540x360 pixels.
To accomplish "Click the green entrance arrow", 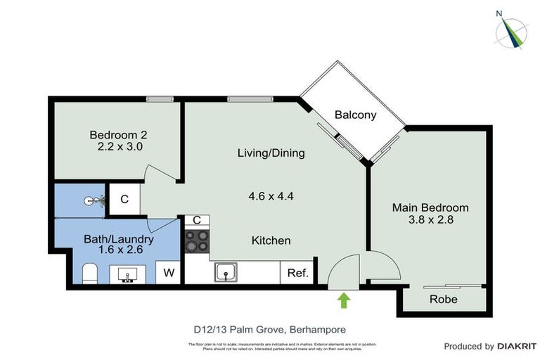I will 344,300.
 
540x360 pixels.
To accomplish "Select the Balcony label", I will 355,115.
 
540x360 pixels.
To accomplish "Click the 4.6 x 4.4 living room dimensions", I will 271,196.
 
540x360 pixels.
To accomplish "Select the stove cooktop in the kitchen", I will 197,240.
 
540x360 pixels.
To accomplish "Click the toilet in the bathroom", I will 89,273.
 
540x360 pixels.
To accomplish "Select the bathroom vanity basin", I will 128,273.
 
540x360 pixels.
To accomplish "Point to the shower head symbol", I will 92,201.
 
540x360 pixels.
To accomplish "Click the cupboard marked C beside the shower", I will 124,199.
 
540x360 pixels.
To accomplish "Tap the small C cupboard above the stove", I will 197,220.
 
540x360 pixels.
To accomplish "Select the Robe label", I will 443,300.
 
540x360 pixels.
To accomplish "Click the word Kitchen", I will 271,240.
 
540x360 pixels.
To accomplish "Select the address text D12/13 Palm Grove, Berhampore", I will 270,328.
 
